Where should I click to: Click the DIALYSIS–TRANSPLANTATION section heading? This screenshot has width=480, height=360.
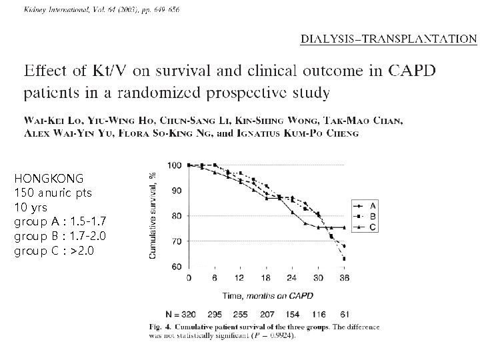(x=389, y=39)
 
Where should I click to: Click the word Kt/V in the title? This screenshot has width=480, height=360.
(x=109, y=71)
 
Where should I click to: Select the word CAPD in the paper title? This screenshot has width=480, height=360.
(x=412, y=71)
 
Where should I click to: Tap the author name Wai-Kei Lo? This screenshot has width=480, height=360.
(x=53, y=120)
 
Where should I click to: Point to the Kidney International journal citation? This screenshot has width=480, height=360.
(x=101, y=9)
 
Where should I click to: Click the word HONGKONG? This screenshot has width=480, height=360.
(x=49, y=179)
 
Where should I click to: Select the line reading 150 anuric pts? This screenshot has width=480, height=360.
(x=53, y=193)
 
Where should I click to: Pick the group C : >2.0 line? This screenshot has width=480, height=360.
(x=54, y=251)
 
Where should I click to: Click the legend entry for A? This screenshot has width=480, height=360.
(x=365, y=206)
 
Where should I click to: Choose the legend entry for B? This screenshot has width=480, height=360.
(x=365, y=217)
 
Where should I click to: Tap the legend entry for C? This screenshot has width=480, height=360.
(x=365, y=227)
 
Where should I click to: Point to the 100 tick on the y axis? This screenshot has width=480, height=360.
(x=175, y=165)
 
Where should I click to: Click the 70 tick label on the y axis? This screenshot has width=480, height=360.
(x=176, y=241)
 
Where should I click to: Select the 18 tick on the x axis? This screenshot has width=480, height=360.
(x=266, y=278)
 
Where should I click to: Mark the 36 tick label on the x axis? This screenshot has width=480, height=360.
(x=345, y=278)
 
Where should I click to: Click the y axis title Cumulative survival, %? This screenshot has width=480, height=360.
(x=153, y=215)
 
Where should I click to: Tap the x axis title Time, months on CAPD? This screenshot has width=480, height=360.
(x=268, y=296)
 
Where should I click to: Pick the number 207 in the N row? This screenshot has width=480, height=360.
(x=267, y=315)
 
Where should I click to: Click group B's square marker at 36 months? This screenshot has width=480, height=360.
(x=345, y=259)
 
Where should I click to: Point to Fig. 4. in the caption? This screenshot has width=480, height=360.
(x=161, y=327)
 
